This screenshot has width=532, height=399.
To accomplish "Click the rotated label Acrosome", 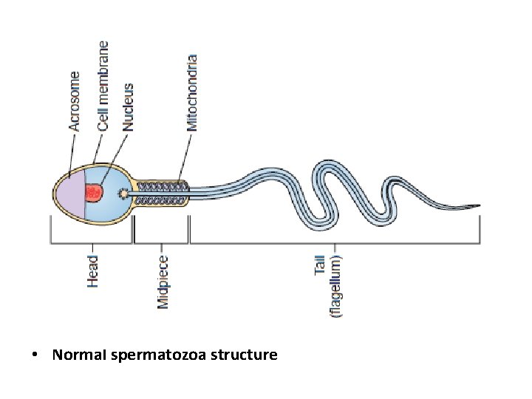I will (75, 101).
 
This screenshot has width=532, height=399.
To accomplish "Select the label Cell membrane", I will (103, 86).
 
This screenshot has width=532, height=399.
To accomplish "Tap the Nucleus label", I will (129, 106).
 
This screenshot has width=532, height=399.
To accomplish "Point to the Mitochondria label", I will (192, 92).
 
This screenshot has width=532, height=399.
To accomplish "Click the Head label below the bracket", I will (92, 271).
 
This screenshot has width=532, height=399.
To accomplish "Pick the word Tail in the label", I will (320, 265).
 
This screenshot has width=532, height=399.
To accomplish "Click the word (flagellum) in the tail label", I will (335, 286).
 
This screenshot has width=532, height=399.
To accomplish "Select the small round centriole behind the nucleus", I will (123, 194).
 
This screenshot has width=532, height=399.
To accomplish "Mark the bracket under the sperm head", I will (91, 241).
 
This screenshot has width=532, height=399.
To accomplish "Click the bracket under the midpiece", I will (161, 241).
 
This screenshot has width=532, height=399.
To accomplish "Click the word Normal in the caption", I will (80, 355).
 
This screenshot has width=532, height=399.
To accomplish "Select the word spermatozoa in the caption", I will (157, 355).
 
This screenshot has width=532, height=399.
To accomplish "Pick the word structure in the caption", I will (243, 355).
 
